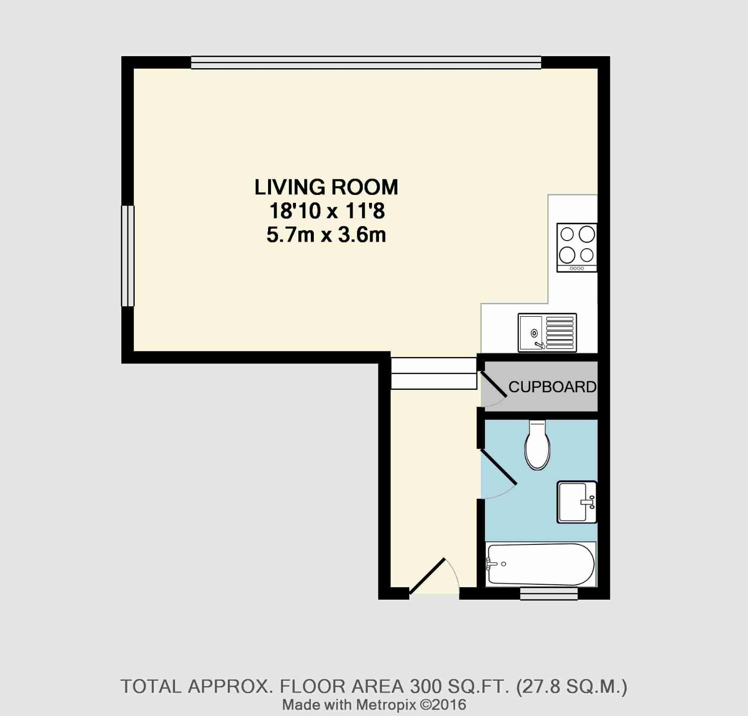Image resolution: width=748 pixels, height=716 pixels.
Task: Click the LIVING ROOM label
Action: [326, 187]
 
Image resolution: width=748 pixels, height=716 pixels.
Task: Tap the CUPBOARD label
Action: [552, 387]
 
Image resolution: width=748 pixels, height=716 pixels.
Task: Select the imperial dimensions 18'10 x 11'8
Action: [327, 211]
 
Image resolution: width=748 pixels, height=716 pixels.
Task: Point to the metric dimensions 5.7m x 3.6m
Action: [326, 235]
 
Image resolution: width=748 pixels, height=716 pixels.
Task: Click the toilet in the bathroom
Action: [538, 445]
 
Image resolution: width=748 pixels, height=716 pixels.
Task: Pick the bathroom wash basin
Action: [576, 502]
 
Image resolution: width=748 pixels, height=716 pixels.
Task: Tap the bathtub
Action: [541, 564]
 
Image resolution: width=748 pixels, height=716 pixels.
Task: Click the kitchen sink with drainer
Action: [547, 333]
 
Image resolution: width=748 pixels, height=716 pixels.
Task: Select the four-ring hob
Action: [577, 248]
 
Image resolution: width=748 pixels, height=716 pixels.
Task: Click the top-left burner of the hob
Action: [567, 234]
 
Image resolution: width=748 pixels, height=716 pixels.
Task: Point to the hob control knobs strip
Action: [577, 268]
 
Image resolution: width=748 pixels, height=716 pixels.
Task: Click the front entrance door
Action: [427, 576]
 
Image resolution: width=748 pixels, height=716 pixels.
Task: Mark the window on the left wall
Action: [128, 256]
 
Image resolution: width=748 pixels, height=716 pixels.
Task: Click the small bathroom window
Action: [549, 593]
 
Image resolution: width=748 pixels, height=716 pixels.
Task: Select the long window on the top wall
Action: [366, 62]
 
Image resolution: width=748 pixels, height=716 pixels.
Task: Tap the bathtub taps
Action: [491, 564]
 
